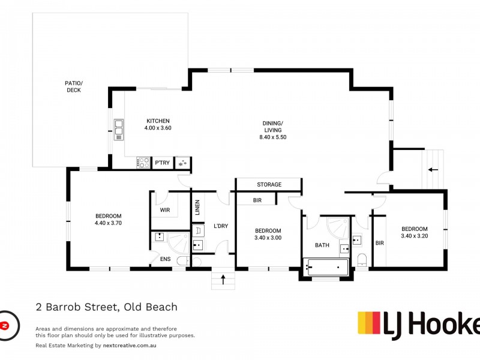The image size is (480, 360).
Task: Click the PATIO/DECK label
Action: (73, 86)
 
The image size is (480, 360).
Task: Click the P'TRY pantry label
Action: (161, 163)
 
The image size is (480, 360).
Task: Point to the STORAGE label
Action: (269, 184)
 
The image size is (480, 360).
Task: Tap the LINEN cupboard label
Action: (197, 208)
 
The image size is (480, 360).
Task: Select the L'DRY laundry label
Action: (221, 226)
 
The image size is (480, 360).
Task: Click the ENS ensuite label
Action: (165, 259)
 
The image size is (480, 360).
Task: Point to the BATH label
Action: (322, 245)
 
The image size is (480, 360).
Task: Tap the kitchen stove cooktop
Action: (143, 162)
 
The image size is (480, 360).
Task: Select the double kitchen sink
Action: (118, 129)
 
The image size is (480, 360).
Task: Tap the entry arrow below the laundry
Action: (223, 278)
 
